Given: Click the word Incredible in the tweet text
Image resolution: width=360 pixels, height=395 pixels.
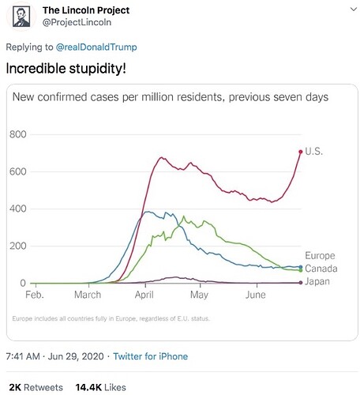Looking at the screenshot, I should pyautogui.click(x=37, y=68).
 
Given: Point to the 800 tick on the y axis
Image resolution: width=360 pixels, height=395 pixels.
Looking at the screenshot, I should pyautogui.click(x=18, y=135).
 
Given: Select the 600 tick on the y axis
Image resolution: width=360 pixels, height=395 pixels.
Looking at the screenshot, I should pyautogui.click(x=18, y=172).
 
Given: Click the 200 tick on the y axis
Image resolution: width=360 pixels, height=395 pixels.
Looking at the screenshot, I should pyautogui.click(x=18, y=246).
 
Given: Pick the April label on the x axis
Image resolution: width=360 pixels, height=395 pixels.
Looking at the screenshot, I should pyautogui.click(x=144, y=295).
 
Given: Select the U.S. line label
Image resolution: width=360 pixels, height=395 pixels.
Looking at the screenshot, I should pyautogui.click(x=313, y=151).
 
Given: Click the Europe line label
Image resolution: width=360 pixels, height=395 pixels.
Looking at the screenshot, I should pyautogui.click(x=320, y=256).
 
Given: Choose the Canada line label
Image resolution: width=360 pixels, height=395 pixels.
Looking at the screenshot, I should pyautogui.click(x=321, y=269).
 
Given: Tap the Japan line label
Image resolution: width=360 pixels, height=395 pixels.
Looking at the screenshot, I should pyautogui.click(x=318, y=282).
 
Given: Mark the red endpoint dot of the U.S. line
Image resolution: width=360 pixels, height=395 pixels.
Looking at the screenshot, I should pyautogui.click(x=300, y=152).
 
